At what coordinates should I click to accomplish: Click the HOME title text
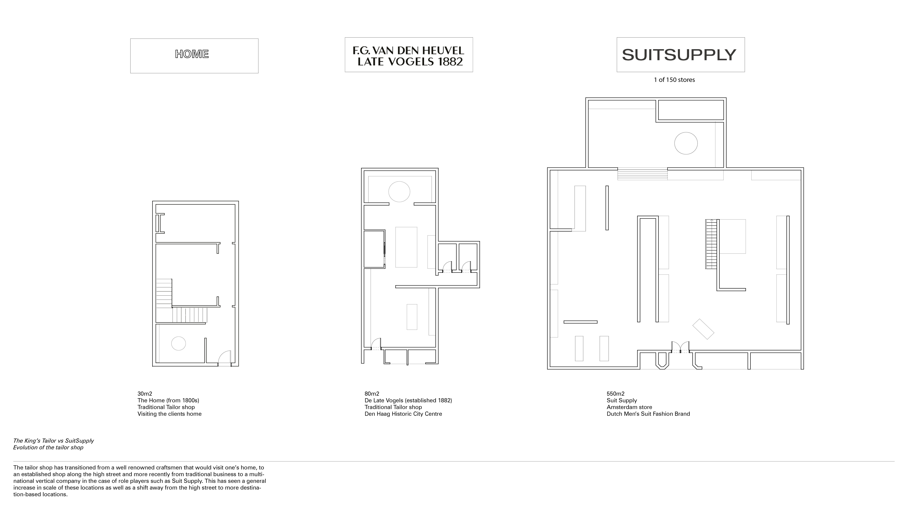click(192, 54)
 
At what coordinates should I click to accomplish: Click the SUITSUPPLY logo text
click(679, 55)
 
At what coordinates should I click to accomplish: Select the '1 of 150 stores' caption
click(674, 80)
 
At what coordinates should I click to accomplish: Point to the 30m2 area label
click(145, 394)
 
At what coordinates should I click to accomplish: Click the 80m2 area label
click(372, 394)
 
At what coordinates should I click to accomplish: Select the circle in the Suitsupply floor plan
click(686, 143)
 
